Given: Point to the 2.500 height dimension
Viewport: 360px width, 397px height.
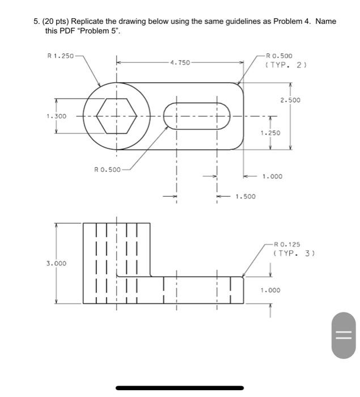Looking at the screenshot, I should click(x=290, y=100).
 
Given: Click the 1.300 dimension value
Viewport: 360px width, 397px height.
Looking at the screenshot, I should click(x=56, y=116).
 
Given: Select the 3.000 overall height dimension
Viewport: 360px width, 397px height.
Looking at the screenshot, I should click(x=56, y=263).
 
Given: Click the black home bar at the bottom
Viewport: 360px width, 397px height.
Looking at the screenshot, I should click(x=180, y=388).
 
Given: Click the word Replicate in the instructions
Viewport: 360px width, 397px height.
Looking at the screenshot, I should click(x=97, y=21).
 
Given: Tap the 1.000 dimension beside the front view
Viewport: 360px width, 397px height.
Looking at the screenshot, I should click(x=270, y=290).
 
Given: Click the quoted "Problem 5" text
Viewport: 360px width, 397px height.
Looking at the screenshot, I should click(x=101, y=31).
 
